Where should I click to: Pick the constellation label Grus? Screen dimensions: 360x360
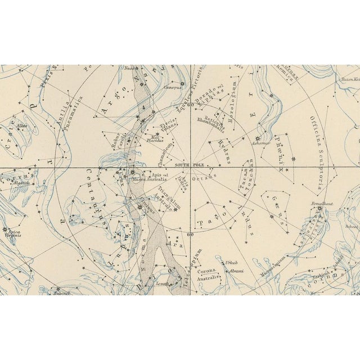[x=277, y=204]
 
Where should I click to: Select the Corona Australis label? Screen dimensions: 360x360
[x=208, y=274]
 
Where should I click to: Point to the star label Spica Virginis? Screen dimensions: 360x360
[x=14, y=235]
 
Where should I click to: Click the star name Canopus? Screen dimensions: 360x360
[x=173, y=87]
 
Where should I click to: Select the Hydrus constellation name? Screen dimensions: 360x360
[x=223, y=151]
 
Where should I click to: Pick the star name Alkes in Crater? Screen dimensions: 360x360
[x=21, y=126]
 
